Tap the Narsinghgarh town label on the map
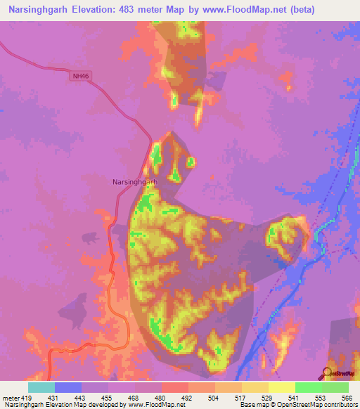pyautogui.click(x=135, y=181)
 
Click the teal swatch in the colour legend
pyautogui.click(x=41, y=387)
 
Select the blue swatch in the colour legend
pyautogui.click(x=68, y=387)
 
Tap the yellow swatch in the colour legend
pyautogui.click(x=281, y=387)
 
